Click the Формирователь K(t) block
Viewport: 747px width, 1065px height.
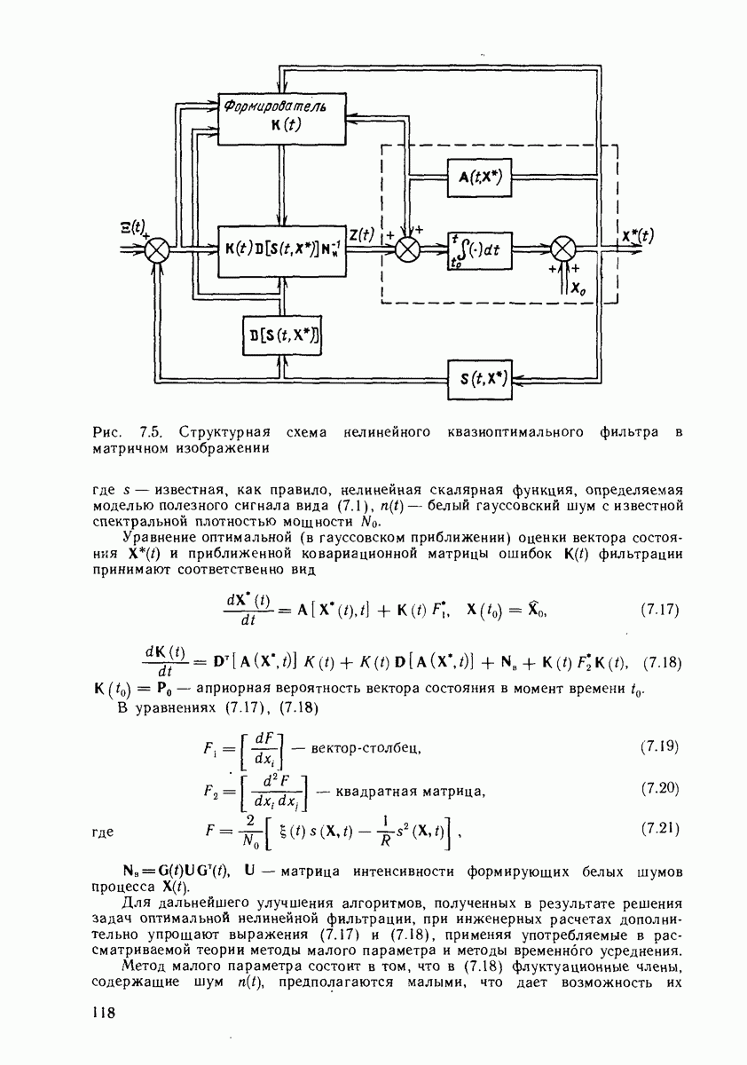(x=280, y=116)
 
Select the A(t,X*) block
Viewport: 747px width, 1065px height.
(x=480, y=178)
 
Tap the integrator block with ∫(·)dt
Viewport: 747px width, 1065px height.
(x=480, y=250)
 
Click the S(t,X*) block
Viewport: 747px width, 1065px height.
(x=482, y=378)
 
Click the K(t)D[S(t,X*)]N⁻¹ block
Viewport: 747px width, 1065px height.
(x=281, y=250)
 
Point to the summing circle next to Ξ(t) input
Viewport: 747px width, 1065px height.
(x=158, y=250)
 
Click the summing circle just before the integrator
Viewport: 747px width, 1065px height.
(x=407, y=249)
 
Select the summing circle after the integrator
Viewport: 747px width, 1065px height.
(x=563, y=249)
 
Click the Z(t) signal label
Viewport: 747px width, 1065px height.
(x=361, y=235)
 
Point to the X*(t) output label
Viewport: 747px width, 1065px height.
(x=637, y=235)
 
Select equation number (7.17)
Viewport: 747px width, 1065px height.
(x=658, y=611)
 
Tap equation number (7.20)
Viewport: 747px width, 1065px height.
(x=658, y=787)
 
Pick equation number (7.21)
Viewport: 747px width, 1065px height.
(x=658, y=829)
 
